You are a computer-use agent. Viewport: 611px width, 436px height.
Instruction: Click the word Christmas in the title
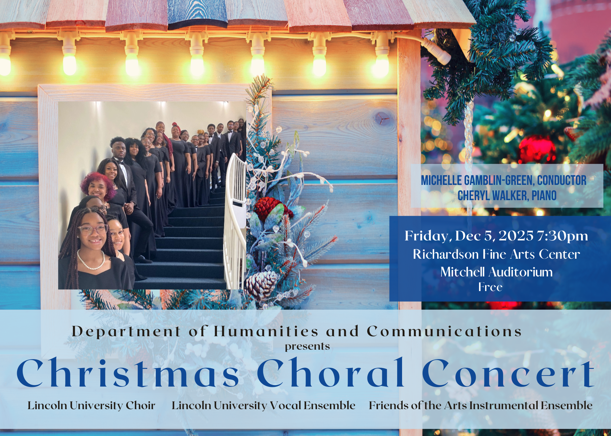128,373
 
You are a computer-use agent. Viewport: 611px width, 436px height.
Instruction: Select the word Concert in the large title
508,373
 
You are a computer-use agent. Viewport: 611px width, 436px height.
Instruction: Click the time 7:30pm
562,236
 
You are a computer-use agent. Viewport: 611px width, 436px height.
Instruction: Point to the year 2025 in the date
516,236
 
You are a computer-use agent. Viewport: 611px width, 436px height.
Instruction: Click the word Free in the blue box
490,287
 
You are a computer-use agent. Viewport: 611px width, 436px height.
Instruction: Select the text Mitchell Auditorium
496,272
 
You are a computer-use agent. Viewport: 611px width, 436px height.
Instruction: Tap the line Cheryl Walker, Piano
507,196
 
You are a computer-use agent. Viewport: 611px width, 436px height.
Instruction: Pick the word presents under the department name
307,346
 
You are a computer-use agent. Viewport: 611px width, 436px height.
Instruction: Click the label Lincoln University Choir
91,405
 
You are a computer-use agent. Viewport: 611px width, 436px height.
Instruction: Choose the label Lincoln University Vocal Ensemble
263,405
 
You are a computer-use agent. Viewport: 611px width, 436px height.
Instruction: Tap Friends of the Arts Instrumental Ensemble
481,405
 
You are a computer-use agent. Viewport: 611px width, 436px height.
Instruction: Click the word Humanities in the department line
266,331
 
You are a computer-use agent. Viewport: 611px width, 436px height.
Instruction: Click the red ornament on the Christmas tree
537,150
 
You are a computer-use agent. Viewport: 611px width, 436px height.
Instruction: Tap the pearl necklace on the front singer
91,262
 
